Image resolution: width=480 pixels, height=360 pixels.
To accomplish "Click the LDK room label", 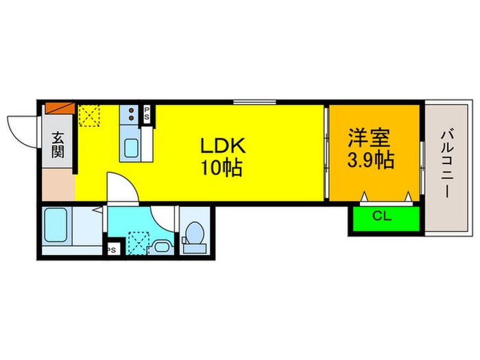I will click(222, 146).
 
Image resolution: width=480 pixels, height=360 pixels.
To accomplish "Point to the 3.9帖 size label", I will click(370, 160).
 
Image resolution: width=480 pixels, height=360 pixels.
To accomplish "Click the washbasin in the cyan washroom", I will click(163, 245).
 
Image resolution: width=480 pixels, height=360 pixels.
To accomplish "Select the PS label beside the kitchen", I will click(146, 114).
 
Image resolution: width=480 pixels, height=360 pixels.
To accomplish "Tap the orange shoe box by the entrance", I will click(58, 108).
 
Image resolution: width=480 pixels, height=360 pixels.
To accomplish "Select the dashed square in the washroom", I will click(139, 242).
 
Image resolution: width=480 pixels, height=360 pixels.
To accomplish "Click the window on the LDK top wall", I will click(254, 102).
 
